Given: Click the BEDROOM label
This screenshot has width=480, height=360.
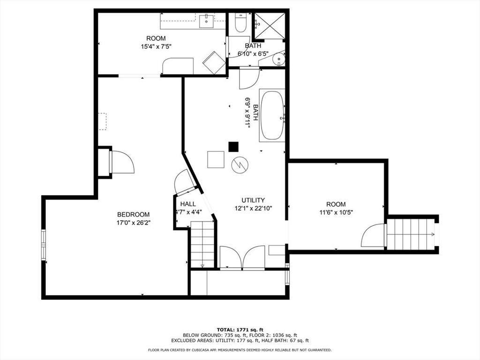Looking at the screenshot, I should pyautogui.click(x=133, y=214).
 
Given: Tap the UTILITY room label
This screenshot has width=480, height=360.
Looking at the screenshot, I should pyautogui.click(x=253, y=200).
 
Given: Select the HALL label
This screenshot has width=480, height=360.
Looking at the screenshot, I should pyautogui.click(x=188, y=204).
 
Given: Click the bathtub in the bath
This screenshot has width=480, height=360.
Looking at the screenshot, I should pyautogui.click(x=272, y=116).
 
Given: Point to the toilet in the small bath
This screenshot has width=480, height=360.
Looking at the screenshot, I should pyautogui.click(x=241, y=23).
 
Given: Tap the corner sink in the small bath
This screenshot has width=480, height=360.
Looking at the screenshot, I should pyautogui.click(x=279, y=59).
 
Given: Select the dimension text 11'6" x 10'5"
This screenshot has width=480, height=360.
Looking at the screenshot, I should pyautogui.click(x=336, y=212).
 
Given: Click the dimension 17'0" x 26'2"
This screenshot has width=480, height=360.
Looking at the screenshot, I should pyautogui.click(x=133, y=223).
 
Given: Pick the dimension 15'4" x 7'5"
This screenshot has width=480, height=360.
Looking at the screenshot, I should pyautogui.click(x=156, y=46).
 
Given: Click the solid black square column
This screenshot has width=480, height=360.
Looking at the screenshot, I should pyautogui.click(x=233, y=147).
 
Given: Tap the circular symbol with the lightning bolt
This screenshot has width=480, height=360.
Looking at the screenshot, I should pyautogui.click(x=240, y=165).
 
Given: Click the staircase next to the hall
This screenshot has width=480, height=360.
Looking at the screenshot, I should pyautogui.click(x=202, y=245).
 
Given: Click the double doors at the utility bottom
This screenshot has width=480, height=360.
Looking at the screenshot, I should pyautogui.click(x=242, y=257).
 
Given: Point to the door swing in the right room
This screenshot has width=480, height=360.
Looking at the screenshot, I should pyautogui.click(x=374, y=236).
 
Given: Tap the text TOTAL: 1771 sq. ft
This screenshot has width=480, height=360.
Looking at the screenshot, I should pyautogui.click(x=240, y=329).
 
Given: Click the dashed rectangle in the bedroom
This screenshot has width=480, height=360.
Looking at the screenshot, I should pyautogui.click(x=103, y=121).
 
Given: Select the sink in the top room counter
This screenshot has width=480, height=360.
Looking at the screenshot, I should pyautogui.click(x=206, y=21).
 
